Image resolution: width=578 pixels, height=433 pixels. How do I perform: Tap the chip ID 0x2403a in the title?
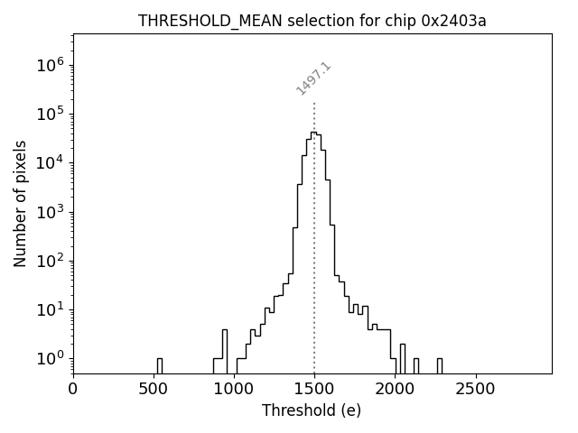coord(453,21)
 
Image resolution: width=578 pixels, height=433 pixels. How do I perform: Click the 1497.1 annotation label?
coord(314,78)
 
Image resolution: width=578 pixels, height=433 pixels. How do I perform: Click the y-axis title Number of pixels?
coord(20,203)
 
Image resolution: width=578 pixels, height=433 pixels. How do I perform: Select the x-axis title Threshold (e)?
coord(312,410)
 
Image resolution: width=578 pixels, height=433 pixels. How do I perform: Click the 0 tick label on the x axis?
coord(73,389)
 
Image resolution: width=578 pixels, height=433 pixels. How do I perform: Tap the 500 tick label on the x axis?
coord(154,389)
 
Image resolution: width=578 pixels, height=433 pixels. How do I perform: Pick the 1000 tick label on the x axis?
coord(234,389)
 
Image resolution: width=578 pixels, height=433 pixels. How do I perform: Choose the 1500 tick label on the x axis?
coord(314,389)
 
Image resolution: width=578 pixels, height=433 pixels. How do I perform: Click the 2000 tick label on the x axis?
coord(395,389)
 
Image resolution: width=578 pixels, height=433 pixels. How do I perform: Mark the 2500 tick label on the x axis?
coord(475,389)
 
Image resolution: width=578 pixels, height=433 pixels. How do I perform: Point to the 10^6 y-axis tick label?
coord(50,65)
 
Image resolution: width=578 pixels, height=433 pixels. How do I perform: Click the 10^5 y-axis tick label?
coord(50,114)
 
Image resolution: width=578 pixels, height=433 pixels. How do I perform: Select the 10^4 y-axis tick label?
coord(50,162)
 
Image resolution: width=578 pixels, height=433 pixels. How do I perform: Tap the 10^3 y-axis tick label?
coord(50,212)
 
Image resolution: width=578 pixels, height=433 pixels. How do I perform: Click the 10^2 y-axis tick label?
coord(50,261)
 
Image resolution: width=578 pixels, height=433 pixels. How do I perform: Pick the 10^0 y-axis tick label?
coord(50,358)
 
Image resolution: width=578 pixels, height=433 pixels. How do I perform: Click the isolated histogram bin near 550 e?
coord(159,364)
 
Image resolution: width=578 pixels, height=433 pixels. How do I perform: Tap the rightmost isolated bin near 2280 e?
coord(439,364)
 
